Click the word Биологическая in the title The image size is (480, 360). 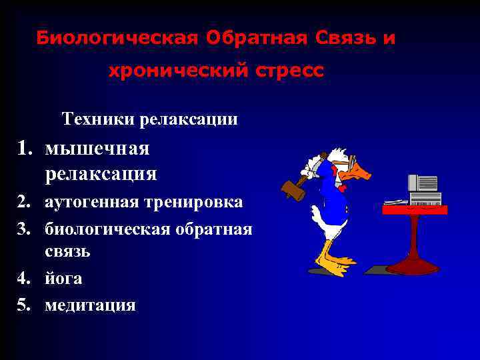pos(117,38)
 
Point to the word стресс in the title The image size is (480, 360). pos(288,70)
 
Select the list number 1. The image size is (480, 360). pos(25,148)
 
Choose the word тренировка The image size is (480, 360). pos(197,201)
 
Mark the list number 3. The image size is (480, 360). pos(25,230)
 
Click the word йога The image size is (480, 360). pos(64,279)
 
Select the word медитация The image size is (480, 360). pos(90,305)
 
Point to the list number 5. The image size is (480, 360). pos(25,305)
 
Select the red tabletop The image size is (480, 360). pos(415,209)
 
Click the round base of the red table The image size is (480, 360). pos(412,267)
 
